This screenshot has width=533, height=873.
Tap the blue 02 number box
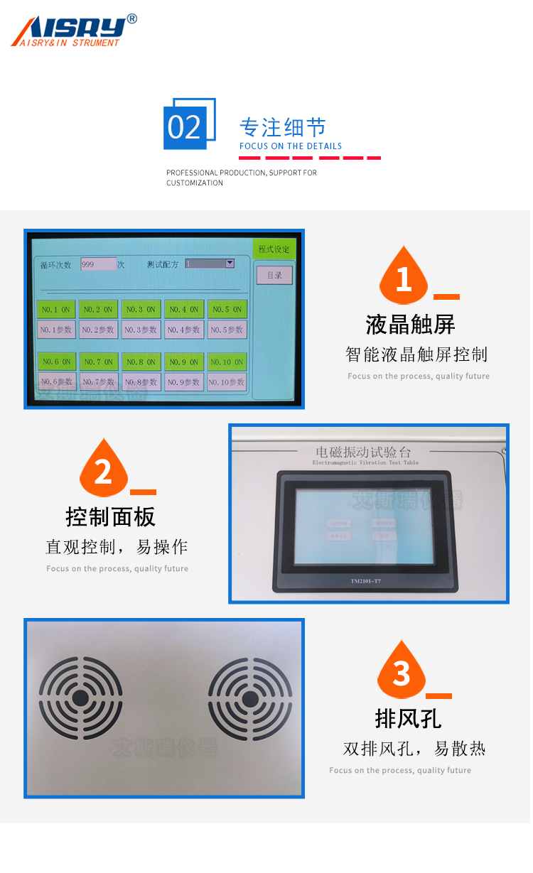click(185, 127)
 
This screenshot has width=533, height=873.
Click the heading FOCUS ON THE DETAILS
click(291, 146)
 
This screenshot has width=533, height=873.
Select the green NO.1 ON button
click(56, 310)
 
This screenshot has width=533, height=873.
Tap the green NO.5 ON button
click(227, 310)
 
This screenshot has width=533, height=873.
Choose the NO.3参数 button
click(141, 330)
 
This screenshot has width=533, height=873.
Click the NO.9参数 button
click(184, 382)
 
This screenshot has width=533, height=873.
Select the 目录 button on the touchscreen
click(274, 276)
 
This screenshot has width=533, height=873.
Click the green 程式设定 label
click(274, 249)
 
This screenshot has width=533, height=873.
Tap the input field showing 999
click(98, 264)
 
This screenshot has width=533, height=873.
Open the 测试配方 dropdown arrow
click(230, 264)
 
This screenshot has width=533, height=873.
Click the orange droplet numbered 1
click(404, 277)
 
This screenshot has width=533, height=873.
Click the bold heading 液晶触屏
click(411, 325)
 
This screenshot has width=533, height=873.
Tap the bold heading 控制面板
click(110, 516)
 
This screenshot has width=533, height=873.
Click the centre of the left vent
click(80, 698)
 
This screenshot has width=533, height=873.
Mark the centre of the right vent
click(250, 698)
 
